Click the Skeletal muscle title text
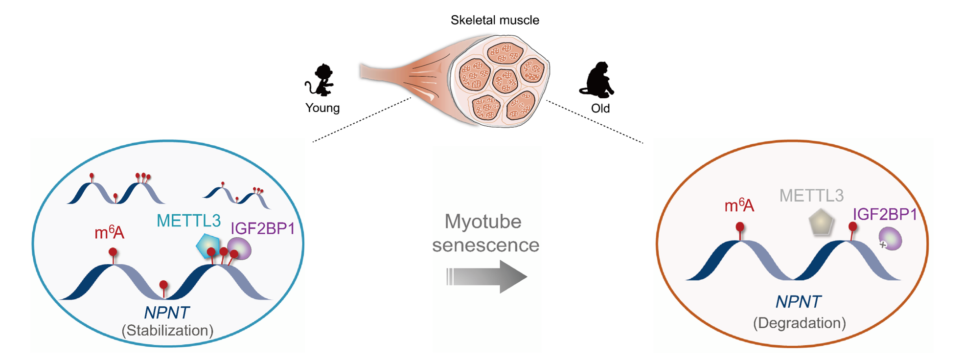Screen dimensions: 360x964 [x=495, y=21]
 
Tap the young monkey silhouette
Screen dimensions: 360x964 [x=321, y=80]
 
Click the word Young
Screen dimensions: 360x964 [x=322, y=108]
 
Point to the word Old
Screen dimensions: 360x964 [x=600, y=108]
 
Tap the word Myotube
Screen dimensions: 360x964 [x=483, y=222]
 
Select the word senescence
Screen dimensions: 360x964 [x=485, y=245]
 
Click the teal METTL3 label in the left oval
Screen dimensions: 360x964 [x=188, y=221]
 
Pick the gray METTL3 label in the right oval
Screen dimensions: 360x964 [x=811, y=196]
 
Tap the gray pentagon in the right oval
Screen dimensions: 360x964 [x=821, y=223]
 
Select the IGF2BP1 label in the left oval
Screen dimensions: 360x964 [x=263, y=228]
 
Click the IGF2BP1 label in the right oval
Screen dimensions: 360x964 [x=885, y=214]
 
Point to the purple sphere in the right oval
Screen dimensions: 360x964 [x=891, y=239]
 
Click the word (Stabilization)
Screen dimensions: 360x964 [x=167, y=331]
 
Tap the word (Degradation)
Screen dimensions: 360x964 [x=799, y=323]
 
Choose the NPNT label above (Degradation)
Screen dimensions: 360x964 [x=798, y=302]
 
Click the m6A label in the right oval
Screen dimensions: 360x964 [x=739, y=206]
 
